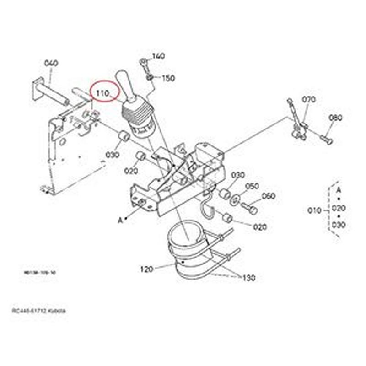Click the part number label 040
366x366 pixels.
[51, 63]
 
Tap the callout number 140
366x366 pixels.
[158, 56]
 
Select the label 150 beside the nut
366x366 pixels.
[168, 78]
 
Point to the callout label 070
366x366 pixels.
[309, 99]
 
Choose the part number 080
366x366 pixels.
[335, 118]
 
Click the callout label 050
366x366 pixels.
[252, 186]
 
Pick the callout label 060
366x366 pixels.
[269, 196]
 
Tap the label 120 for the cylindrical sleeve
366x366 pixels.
[146, 269]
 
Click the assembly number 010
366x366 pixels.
[314, 210]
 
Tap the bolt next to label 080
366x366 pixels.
[327, 139]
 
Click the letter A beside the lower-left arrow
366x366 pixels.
[120, 220]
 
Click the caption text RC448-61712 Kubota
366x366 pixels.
[39, 311]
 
